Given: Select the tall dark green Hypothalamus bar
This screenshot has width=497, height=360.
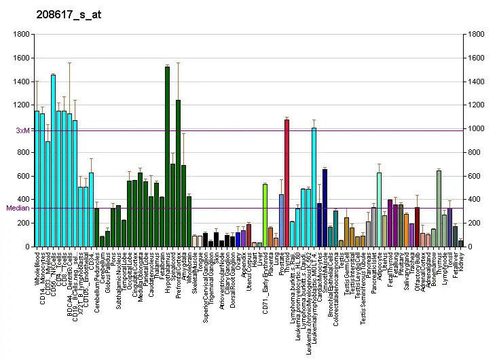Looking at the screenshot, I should click(x=167, y=156).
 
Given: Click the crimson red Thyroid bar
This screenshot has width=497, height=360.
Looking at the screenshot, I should click(x=287, y=183).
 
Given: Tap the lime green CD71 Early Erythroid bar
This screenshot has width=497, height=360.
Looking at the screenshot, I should click(x=265, y=215).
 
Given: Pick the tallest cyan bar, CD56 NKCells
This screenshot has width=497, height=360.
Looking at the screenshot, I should click(x=53, y=160).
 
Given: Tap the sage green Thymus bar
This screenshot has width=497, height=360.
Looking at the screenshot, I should click(x=439, y=208).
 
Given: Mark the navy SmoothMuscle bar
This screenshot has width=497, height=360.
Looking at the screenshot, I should click(x=325, y=208).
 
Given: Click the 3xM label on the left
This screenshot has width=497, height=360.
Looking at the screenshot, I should click(x=22, y=130).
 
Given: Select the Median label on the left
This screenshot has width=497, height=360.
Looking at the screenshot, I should click(x=18, y=208).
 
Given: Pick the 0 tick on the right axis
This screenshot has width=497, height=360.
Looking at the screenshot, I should click(x=468, y=247).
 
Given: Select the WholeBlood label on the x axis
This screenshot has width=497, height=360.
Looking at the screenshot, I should click(x=37, y=270).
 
